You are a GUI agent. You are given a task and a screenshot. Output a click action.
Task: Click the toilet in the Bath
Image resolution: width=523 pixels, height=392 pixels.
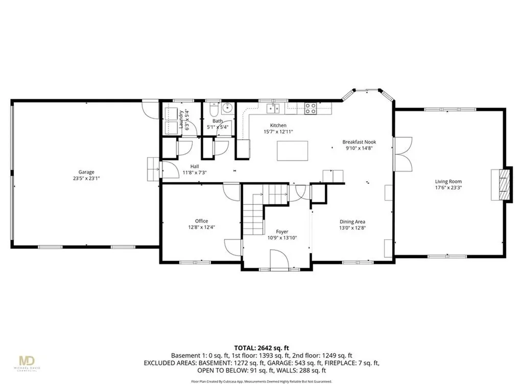point(213,110)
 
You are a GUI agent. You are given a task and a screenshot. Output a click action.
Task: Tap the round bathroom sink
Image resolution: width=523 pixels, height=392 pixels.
point(227,108)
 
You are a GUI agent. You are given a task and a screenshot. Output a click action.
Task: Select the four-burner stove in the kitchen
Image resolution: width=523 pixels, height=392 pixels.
point(310,108)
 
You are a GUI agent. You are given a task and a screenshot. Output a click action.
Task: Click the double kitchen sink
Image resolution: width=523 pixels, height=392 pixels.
point(274,108)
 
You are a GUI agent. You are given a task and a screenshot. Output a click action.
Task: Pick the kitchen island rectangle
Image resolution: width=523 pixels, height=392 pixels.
point(293,151)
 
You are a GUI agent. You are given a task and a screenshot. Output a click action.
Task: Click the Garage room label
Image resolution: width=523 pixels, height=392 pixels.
point(86,172)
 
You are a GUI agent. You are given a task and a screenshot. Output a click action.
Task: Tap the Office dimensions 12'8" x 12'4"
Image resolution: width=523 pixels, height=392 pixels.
point(201,227)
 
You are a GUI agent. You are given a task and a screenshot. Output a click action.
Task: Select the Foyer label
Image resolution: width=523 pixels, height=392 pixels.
point(282,231)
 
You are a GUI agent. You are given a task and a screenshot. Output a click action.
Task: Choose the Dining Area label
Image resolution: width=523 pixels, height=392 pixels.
point(352,222)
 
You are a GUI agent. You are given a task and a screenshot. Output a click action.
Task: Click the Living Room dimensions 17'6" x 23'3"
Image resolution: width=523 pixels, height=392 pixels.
point(448,187)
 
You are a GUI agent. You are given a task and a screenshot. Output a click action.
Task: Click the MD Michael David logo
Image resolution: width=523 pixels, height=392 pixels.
point(30,361)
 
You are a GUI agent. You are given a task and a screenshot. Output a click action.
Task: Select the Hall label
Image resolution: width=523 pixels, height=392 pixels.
point(195,166)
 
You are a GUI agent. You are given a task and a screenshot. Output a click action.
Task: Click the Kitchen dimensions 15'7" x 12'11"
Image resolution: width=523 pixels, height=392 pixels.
point(278,132)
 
